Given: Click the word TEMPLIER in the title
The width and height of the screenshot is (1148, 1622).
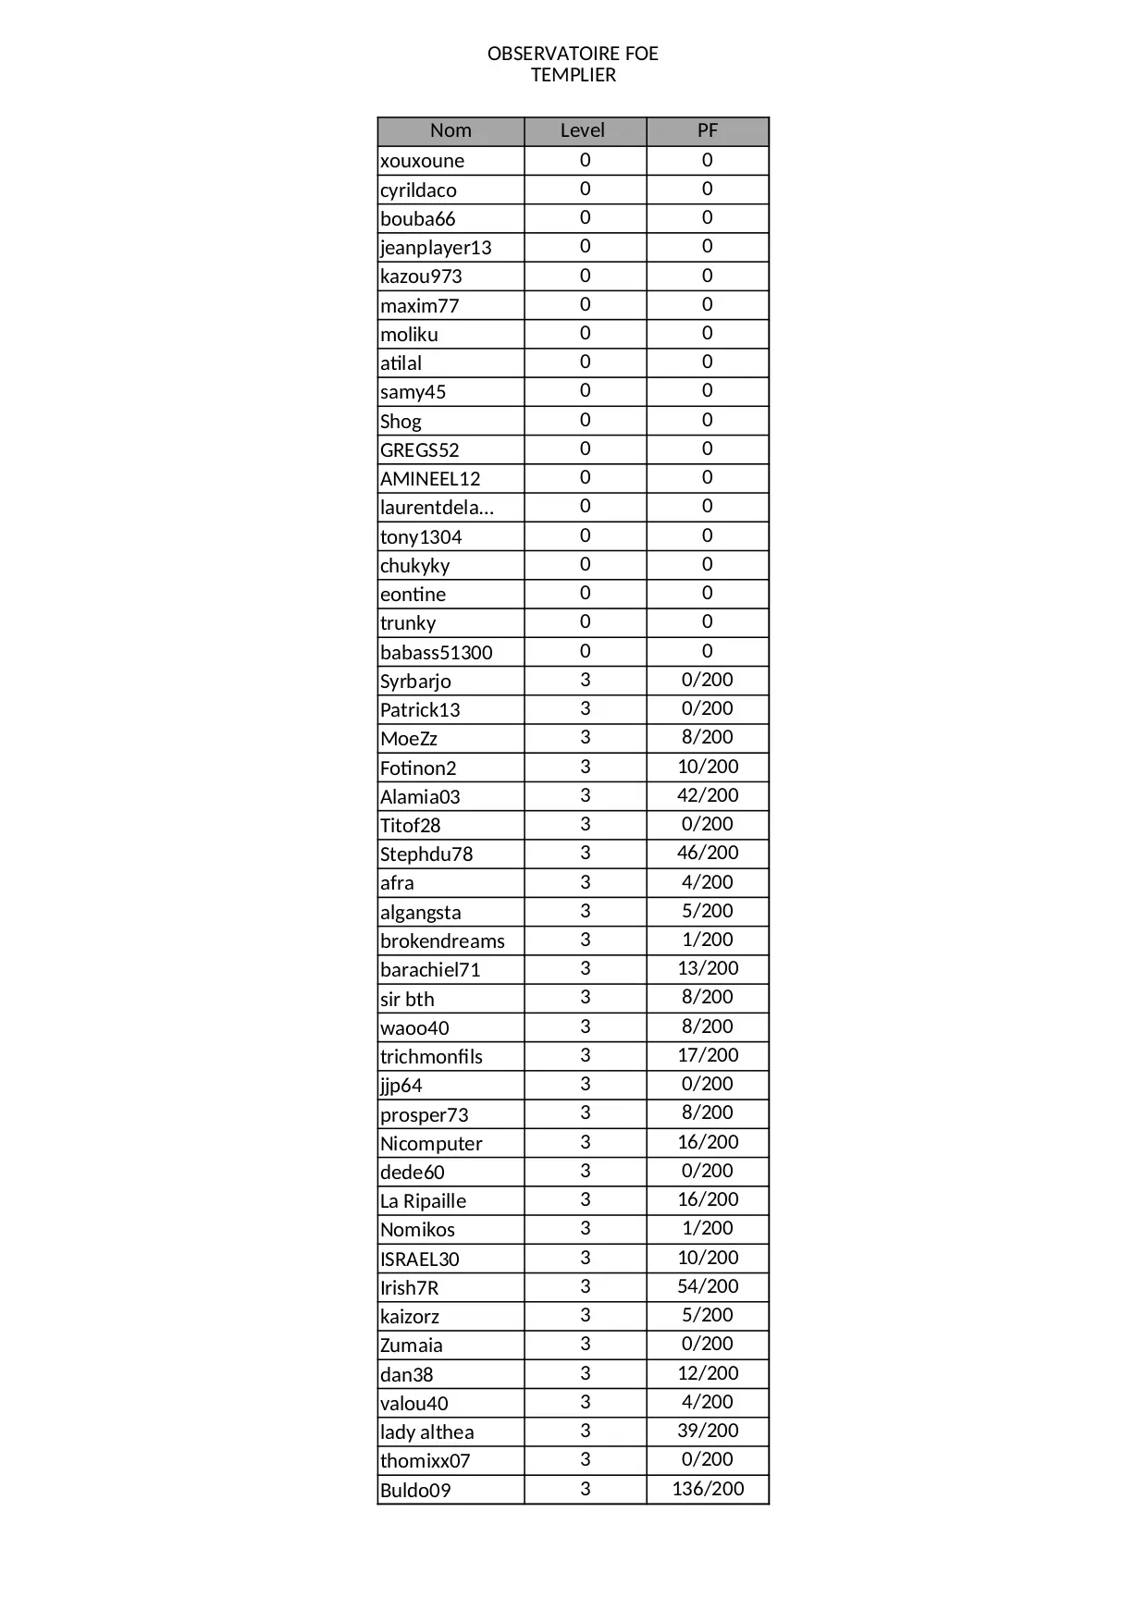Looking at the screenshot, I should pos(573,75).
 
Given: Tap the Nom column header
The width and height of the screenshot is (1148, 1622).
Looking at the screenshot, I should pos(451,130).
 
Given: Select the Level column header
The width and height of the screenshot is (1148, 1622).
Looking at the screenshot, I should pos(583,130).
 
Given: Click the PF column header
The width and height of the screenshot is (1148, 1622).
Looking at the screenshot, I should pos(707,130).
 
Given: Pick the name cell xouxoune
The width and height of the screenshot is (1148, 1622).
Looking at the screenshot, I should pos(423,161).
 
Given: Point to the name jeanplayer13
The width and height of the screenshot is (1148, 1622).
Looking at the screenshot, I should pos(436,248).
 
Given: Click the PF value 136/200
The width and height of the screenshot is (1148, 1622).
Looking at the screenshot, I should pos(708,1489).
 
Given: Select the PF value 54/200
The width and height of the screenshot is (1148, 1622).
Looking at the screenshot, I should pos(708,1286).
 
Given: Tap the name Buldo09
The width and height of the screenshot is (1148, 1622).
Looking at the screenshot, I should pos(415,1491).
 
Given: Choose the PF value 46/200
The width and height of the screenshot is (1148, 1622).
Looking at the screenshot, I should pos(708,853).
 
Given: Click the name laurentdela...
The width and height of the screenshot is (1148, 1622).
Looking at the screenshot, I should pos(437,508).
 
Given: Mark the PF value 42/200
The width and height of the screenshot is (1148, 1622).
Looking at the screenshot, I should pos(708,795).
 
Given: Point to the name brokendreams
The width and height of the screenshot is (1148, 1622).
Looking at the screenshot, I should pos(442,941).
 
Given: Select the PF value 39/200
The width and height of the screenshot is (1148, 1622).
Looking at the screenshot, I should pos(708,1431).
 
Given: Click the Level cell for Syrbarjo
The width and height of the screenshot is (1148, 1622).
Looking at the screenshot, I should pos(585,680).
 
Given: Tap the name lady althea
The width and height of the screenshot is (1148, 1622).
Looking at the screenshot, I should pos(426,1432).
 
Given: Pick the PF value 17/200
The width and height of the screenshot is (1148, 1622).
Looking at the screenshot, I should pos(708,1055).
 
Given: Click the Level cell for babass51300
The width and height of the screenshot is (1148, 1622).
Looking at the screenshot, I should pos(585,651).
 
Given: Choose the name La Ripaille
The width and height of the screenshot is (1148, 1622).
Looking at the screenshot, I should pos(423,1201).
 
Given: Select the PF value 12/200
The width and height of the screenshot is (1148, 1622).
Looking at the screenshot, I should pos(708,1373).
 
